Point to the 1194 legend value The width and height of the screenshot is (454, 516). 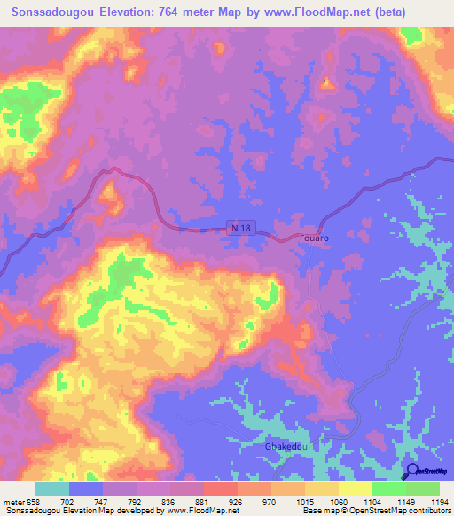[x=428, y=501]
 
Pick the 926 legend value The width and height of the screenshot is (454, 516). [x=233, y=501]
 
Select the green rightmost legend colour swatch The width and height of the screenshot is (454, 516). [x=422, y=489]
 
